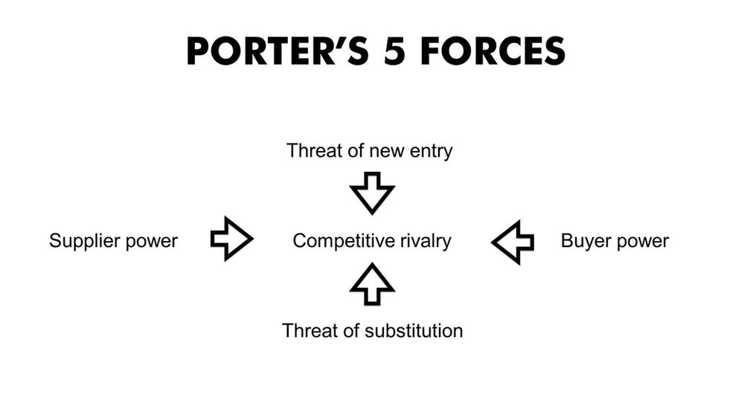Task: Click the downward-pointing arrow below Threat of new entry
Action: [372, 192]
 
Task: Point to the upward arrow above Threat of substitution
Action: [372, 283]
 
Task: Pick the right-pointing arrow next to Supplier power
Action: [231, 239]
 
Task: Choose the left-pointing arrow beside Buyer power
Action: [513, 241]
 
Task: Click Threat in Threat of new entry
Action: [312, 152]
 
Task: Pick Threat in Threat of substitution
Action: [307, 330]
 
